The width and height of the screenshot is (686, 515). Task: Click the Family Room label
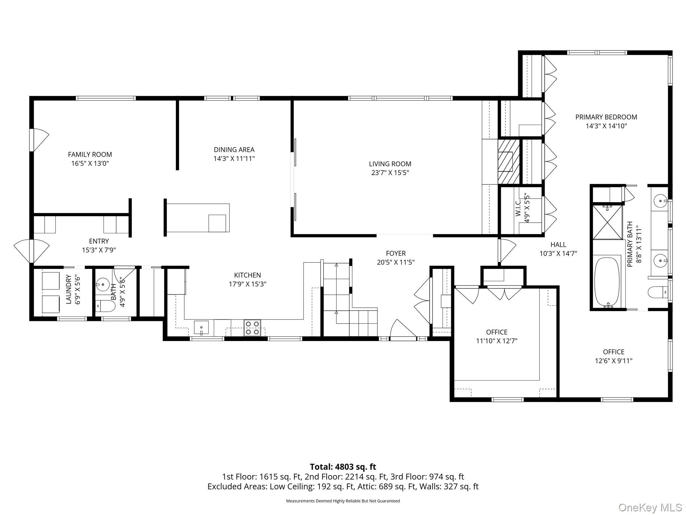tap(90, 155)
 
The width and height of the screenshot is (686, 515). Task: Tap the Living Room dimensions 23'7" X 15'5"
tap(390, 173)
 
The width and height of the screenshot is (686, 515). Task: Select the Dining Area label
tap(234, 150)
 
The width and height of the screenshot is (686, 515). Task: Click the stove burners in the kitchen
tap(252, 328)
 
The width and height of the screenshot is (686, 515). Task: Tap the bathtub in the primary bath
tap(607, 282)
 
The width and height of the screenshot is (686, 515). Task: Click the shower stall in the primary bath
tap(607, 222)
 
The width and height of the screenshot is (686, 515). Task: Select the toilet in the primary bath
tap(658, 292)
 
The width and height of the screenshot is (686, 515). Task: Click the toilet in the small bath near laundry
tap(106, 306)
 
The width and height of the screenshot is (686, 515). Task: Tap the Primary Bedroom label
tap(606, 117)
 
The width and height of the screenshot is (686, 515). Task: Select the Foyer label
tap(396, 253)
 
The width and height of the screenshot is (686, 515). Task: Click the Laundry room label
tap(69, 289)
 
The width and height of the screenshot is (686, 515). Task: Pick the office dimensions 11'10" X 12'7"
tap(497, 341)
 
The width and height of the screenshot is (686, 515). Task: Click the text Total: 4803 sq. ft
tap(343, 467)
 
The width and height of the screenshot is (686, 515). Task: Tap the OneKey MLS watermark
tap(650, 507)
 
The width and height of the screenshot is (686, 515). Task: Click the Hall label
tap(558, 245)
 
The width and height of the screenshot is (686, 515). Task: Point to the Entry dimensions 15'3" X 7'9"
tap(99, 250)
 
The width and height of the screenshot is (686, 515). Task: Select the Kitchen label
tap(248, 275)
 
